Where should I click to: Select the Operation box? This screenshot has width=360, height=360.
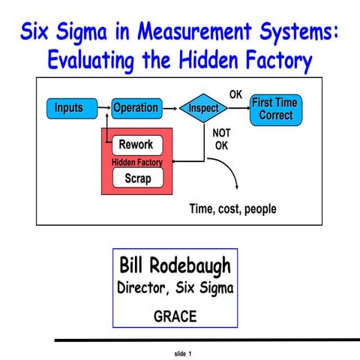coord(136,108)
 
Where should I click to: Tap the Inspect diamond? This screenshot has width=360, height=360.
coord(203,108)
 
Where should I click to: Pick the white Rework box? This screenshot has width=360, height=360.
coord(136,145)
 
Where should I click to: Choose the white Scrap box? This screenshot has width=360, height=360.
coord(137,178)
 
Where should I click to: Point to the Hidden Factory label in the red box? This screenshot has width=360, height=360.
coord(137,161)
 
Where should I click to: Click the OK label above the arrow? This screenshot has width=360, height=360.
coord(235,94)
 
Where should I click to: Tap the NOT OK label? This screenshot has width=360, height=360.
coord(222,139)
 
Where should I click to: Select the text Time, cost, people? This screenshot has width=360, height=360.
coord(232,208)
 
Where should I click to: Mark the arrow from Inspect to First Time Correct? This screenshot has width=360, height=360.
coord(238,108)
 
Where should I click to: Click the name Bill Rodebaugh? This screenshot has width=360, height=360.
coord(175,266)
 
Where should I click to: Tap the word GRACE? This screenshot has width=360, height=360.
coord(175,316)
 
